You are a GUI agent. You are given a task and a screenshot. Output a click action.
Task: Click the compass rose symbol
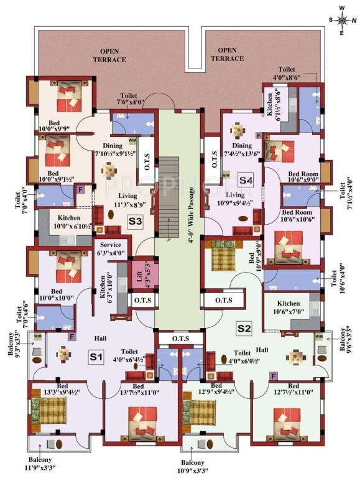click(x=341, y=19)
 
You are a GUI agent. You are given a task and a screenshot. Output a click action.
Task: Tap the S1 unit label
click(x=95, y=357)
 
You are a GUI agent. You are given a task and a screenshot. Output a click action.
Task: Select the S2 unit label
click(x=243, y=328)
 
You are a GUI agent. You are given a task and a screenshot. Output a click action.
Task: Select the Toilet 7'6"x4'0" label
click(x=130, y=100)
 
